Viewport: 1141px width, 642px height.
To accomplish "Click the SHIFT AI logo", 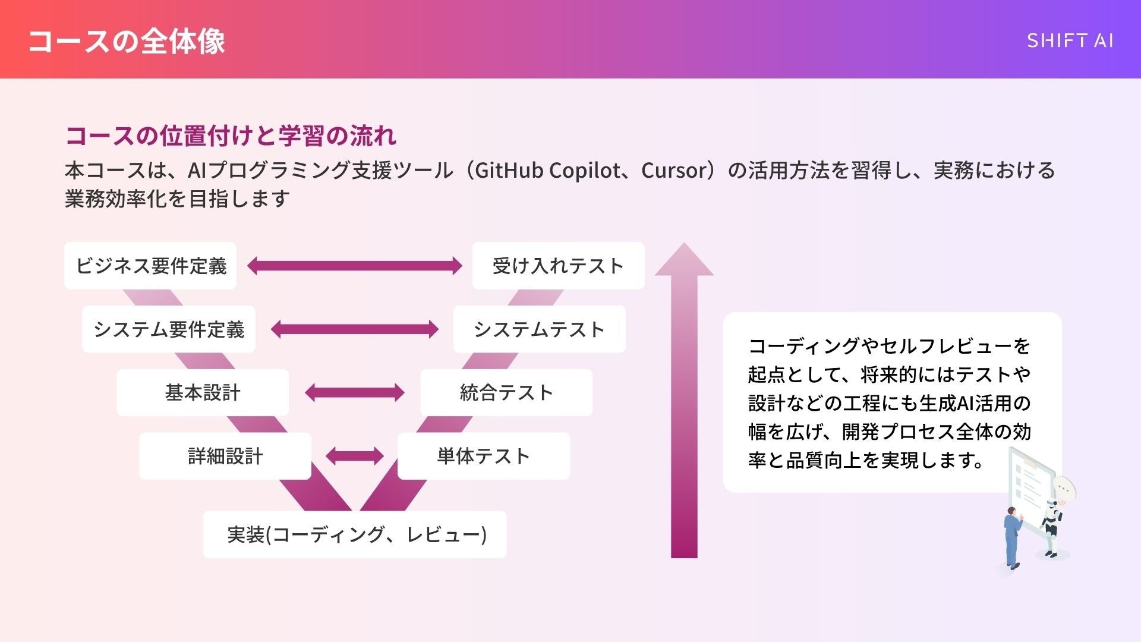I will (x=1070, y=40).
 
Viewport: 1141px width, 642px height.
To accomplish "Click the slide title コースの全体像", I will (x=127, y=41).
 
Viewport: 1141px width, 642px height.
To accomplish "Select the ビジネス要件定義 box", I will (x=150, y=266).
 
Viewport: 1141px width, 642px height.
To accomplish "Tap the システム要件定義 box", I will (x=169, y=329).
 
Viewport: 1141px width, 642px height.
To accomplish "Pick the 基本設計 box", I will (x=203, y=392).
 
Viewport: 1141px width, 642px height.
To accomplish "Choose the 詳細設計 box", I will (x=225, y=456).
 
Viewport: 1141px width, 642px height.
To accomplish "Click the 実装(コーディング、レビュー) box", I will (x=355, y=534).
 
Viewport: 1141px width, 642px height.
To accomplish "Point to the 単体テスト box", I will (x=483, y=456).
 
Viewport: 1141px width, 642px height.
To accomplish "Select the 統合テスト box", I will (x=506, y=392).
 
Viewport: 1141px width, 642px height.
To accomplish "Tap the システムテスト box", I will (x=539, y=329).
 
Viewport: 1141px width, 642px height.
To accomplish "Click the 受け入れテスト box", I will (x=558, y=266).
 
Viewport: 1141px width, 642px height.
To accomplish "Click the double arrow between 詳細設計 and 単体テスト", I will (x=355, y=456).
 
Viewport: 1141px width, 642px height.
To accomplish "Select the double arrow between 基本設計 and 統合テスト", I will (x=355, y=392).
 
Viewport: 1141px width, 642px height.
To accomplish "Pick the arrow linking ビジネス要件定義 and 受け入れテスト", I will (x=355, y=266).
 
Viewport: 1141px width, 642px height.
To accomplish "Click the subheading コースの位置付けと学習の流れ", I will (x=231, y=136).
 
